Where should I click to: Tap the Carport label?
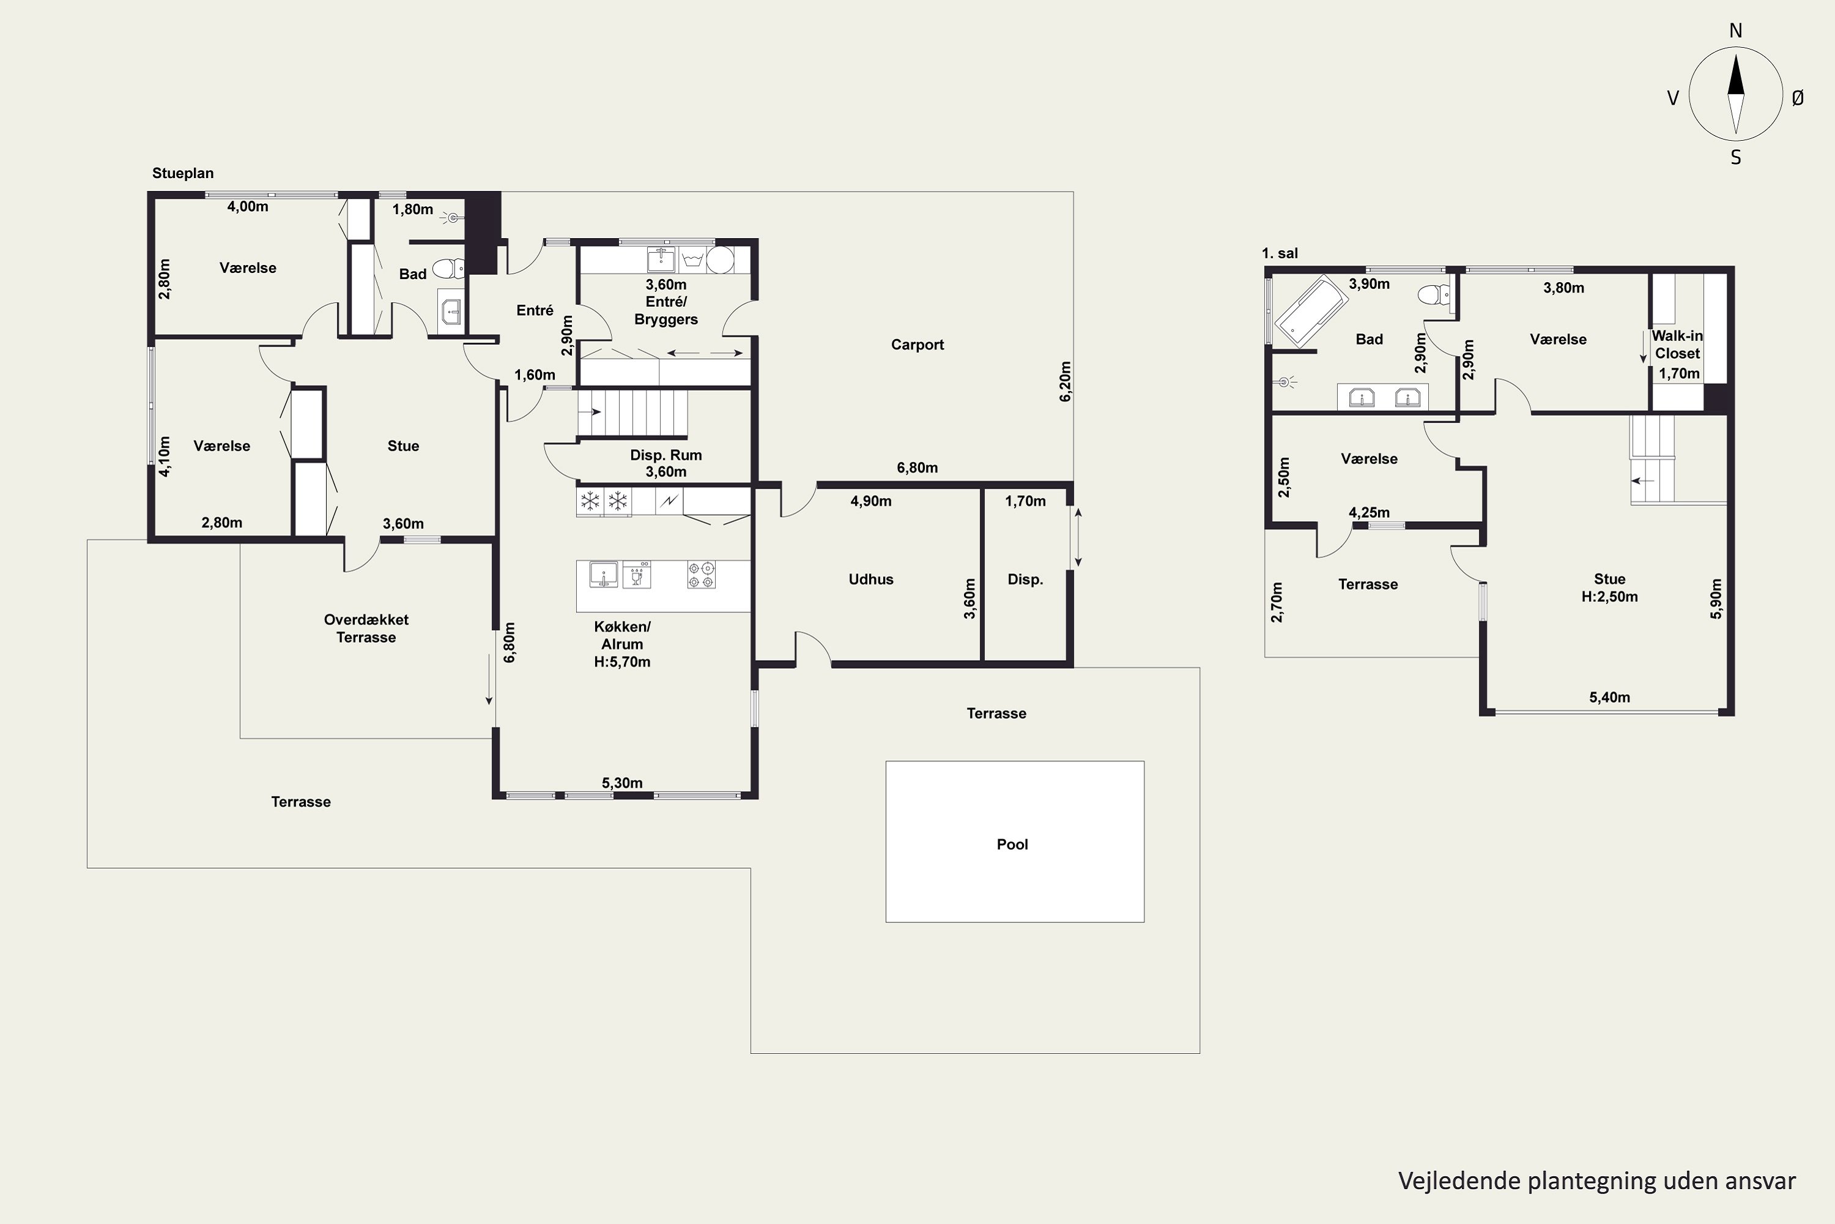[x=917, y=345]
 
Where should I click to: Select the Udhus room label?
[x=870, y=579]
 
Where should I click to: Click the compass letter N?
[x=1736, y=31]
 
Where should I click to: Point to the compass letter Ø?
[x=1798, y=97]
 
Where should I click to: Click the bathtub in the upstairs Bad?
[x=1311, y=310]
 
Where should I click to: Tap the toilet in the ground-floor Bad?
[x=448, y=269]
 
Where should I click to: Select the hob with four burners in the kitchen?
[x=702, y=575]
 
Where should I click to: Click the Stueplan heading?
[x=182, y=173]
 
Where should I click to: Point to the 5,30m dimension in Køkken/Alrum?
[x=622, y=783]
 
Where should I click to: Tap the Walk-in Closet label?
[x=1677, y=344]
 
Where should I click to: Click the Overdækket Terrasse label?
[x=366, y=629]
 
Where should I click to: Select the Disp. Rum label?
[x=665, y=455]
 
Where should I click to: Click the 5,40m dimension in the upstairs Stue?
[x=1609, y=697]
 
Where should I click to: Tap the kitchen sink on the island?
[x=604, y=574]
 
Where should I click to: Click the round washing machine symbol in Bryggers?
[x=720, y=260]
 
